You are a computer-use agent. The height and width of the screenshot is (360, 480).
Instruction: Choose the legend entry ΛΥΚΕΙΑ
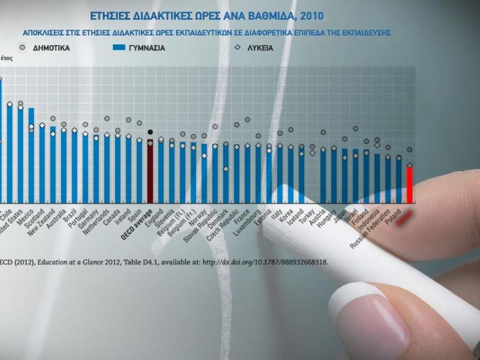(x=258, y=47)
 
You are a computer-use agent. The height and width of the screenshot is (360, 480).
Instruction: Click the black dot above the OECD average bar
(x=150, y=132)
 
